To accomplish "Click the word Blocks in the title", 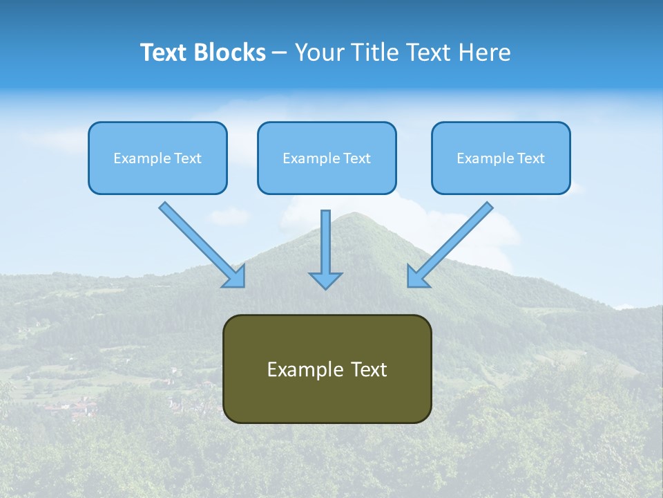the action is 230,52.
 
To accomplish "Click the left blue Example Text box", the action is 157,158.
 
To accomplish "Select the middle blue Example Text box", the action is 327,158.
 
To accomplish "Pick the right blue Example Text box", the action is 501,158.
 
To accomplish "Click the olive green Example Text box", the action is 327,369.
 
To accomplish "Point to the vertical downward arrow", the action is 325,250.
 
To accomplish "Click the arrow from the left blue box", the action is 202,245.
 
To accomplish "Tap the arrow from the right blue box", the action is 450,245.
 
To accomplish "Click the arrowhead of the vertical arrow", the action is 325,281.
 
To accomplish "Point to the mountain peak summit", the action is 354,214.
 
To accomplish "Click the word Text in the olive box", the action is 369,369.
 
